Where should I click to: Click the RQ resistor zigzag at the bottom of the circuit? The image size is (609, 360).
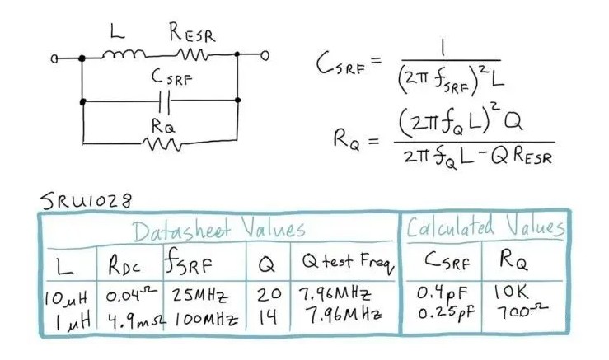pyautogui.click(x=162, y=145)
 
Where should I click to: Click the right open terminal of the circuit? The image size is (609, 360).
pyautogui.click(x=266, y=57)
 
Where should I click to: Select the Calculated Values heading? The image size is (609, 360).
pyautogui.click(x=485, y=227)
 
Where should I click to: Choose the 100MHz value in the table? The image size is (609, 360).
pyautogui.click(x=201, y=315)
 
